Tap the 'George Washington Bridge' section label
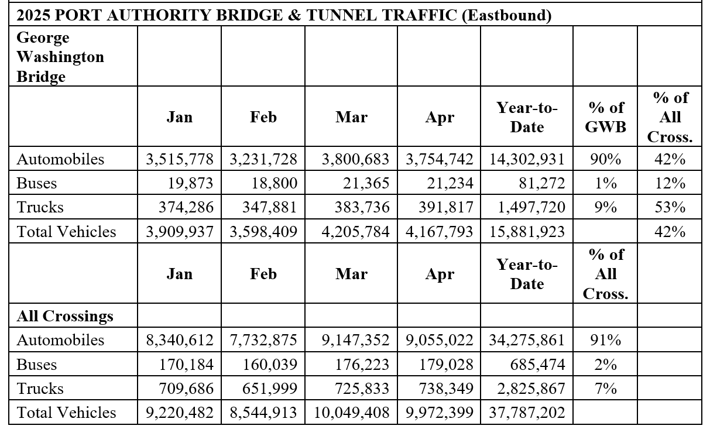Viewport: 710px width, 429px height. click(60, 57)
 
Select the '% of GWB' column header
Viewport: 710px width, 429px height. click(605, 117)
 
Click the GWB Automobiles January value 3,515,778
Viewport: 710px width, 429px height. click(179, 159)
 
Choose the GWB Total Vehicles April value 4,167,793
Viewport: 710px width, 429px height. click(440, 232)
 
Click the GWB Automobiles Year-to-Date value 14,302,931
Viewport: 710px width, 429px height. click(527, 159)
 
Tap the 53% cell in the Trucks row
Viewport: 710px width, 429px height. click(670, 208)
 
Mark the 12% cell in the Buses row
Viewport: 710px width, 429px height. click(670, 184)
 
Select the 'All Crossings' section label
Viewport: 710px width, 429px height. click(65, 316)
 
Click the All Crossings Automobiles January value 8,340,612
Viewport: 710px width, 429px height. click(179, 340)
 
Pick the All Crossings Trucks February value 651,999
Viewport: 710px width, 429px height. click(270, 389)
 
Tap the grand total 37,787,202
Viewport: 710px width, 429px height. click(527, 413)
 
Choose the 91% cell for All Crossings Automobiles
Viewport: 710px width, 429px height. click(605, 340)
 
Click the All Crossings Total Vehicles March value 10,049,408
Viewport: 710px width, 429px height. click(352, 413)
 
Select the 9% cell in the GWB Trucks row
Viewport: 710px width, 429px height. click(605, 208)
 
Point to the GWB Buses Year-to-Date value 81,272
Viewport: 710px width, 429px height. click(541, 184)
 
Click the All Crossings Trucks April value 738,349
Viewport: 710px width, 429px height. click(446, 389)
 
